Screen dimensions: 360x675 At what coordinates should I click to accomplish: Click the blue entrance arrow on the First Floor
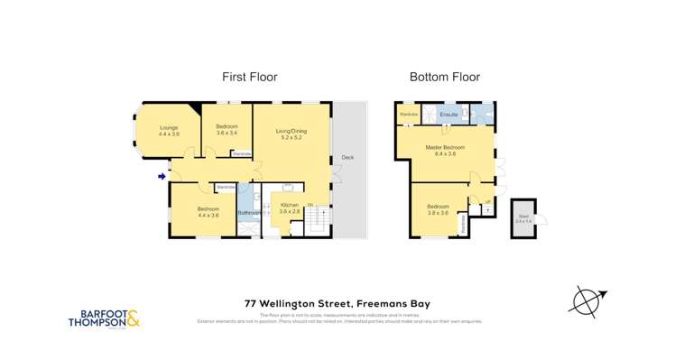point(162,176)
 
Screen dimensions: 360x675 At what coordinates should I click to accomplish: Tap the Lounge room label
point(169,130)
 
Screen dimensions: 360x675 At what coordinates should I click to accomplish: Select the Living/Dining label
point(291,134)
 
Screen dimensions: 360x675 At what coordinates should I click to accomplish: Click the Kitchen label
point(290,208)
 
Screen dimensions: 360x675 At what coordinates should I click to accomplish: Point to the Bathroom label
point(248,212)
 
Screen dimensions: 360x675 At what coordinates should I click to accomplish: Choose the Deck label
point(347,158)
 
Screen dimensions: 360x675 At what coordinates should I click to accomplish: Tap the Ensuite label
point(448,115)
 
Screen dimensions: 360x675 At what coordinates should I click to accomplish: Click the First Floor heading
point(250,78)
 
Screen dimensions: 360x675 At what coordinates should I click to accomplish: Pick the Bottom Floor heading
point(445,78)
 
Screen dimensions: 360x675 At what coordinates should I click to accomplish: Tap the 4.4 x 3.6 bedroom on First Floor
point(202,212)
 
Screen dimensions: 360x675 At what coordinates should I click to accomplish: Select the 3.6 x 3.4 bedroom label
point(227,130)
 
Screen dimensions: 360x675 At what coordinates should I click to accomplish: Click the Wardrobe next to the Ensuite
point(408,115)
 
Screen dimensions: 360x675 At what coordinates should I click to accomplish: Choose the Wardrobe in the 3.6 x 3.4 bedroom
point(242,153)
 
